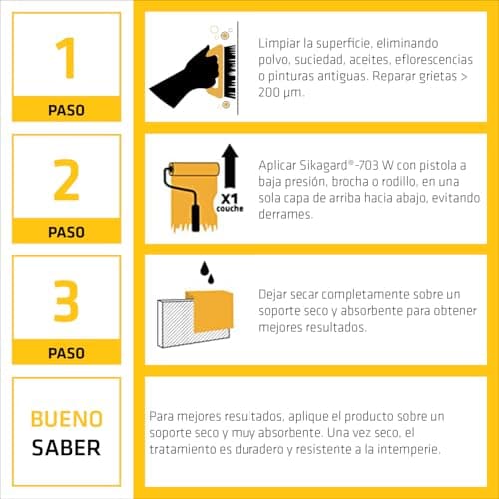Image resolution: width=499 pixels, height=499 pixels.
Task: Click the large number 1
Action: (67, 57)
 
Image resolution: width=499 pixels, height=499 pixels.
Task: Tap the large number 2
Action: (66, 179)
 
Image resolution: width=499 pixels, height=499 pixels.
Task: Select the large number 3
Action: (66, 300)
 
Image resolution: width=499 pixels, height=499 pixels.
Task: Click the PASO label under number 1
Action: (66, 110)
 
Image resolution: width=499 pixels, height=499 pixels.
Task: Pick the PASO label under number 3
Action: (66, 353)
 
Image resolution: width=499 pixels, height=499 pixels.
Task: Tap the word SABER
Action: (66, 447)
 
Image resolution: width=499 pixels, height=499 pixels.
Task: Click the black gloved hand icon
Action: (180, 76)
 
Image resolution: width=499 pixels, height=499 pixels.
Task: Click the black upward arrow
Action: (228, 164)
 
